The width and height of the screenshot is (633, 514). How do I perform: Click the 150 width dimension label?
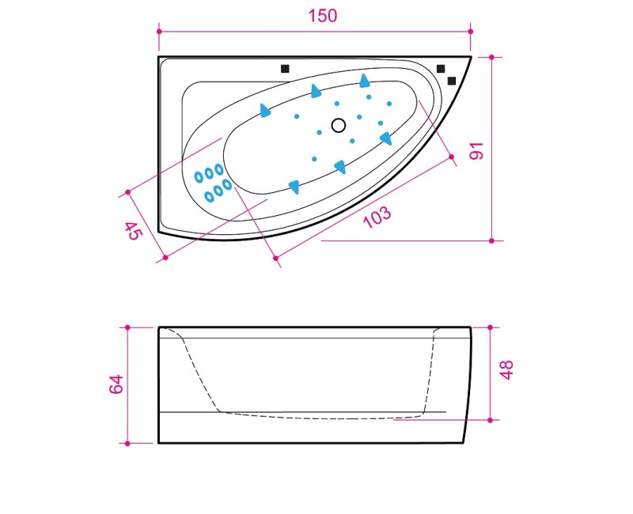(323, 16)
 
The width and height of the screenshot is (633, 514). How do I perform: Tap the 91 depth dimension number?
(477, 151)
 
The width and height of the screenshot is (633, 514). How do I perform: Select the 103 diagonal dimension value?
(377, 217)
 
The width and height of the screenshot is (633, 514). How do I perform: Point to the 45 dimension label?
(135, 231)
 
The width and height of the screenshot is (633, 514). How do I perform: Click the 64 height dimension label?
(116, 384)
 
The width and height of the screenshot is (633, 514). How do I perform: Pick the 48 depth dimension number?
(506, 370)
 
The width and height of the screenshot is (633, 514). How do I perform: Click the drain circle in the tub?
(339, 126)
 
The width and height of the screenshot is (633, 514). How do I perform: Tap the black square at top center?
(285, 69)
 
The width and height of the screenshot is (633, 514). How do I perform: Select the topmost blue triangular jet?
(364, 81)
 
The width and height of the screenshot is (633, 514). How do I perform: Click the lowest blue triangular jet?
(294, 187)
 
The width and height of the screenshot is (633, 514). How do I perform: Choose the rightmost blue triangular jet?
(385, 138)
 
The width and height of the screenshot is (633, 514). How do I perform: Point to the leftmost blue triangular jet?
(265, 110)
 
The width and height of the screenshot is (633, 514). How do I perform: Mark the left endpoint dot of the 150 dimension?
(159, 31)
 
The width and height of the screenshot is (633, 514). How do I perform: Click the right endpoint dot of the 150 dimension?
(470, 31)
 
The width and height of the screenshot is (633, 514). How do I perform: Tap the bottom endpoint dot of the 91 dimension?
(491, 241)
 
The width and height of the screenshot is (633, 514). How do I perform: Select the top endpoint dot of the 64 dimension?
(127, 327)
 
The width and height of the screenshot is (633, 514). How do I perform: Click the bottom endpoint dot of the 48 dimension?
(490, 420)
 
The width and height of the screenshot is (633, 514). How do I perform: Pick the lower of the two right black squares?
(452, 81)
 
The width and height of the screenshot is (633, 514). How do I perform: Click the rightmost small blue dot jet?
(389, 104)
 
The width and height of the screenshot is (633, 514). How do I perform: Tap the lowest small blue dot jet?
(314, 159)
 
